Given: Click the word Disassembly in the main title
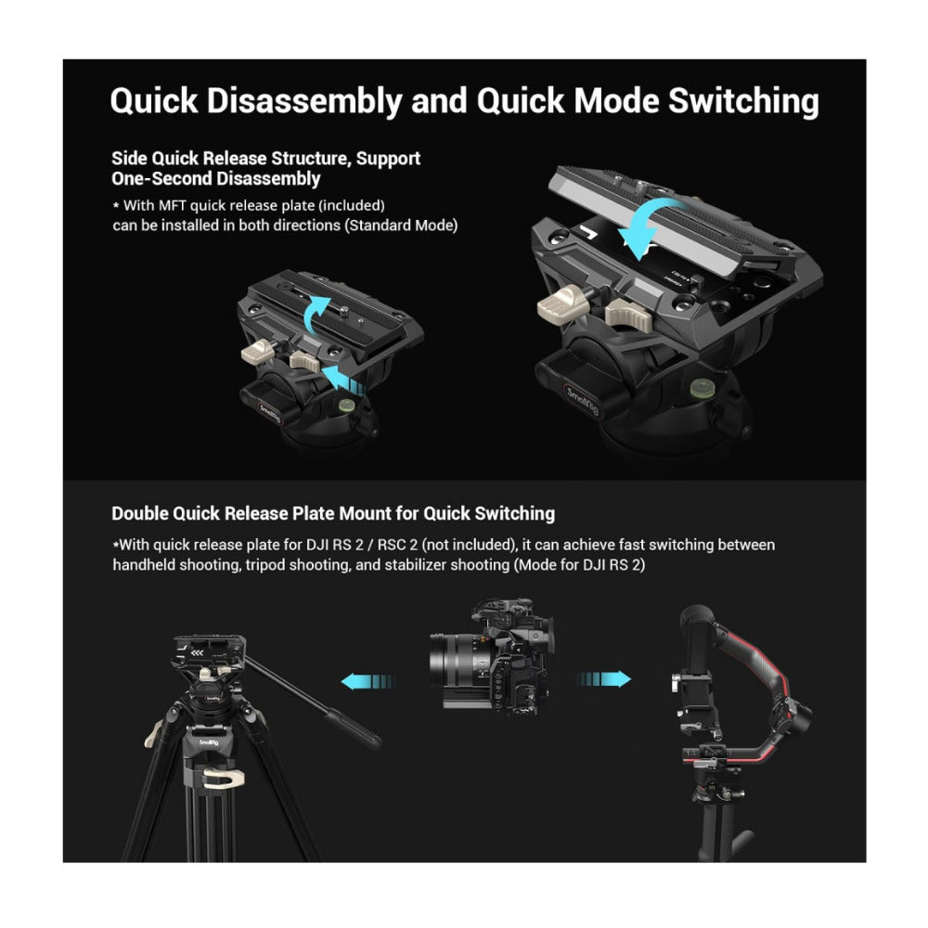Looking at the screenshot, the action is pyautogui.click(x=304, y=100).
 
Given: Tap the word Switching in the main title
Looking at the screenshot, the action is pyautogui.click(x=743, y=100).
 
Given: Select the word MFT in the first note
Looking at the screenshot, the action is pyautogui.click(x=173, y=205).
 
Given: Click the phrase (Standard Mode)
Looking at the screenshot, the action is pyautogui.click(x=403, y=226).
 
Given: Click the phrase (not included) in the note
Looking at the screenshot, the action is pyautogui.click(x=470, y=545).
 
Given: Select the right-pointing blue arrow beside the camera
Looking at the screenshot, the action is pyautogui.click(x=604, y=678).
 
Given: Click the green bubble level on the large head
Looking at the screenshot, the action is pyautogui.click(x=702, y=388).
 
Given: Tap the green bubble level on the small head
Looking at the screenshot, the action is pyautogui.click(x=345, y=405).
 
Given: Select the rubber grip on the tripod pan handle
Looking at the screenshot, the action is pyautogui.click(x=354, y=728).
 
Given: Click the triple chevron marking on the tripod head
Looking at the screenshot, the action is pyautogui.click(x=198, y=652).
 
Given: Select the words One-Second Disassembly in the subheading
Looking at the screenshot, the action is pyautogui.click(x=216, y=179).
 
